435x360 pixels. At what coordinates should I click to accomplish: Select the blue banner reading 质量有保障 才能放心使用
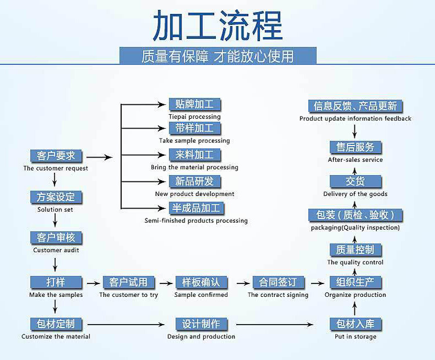[217, 56]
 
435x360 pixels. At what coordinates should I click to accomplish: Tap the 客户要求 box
[56, 156]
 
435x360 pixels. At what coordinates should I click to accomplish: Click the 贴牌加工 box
[194, 104]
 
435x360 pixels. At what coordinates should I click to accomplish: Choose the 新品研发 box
[194, 181]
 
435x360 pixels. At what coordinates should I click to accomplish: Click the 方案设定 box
[56, 197]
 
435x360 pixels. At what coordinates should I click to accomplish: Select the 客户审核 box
[56, 238]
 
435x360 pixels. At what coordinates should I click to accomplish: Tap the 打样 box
[56, 282]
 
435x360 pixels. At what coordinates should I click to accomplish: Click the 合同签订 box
[278, 282]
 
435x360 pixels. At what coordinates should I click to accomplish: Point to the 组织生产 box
[355, 282]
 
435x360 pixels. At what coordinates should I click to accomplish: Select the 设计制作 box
[201, 324]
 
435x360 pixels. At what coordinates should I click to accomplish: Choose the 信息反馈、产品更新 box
[355, 106]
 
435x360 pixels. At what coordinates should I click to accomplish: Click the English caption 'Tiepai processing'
[194, 117]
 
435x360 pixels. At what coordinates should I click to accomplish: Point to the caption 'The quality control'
[355, 262]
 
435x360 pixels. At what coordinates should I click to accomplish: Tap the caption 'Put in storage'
[355, 336]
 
